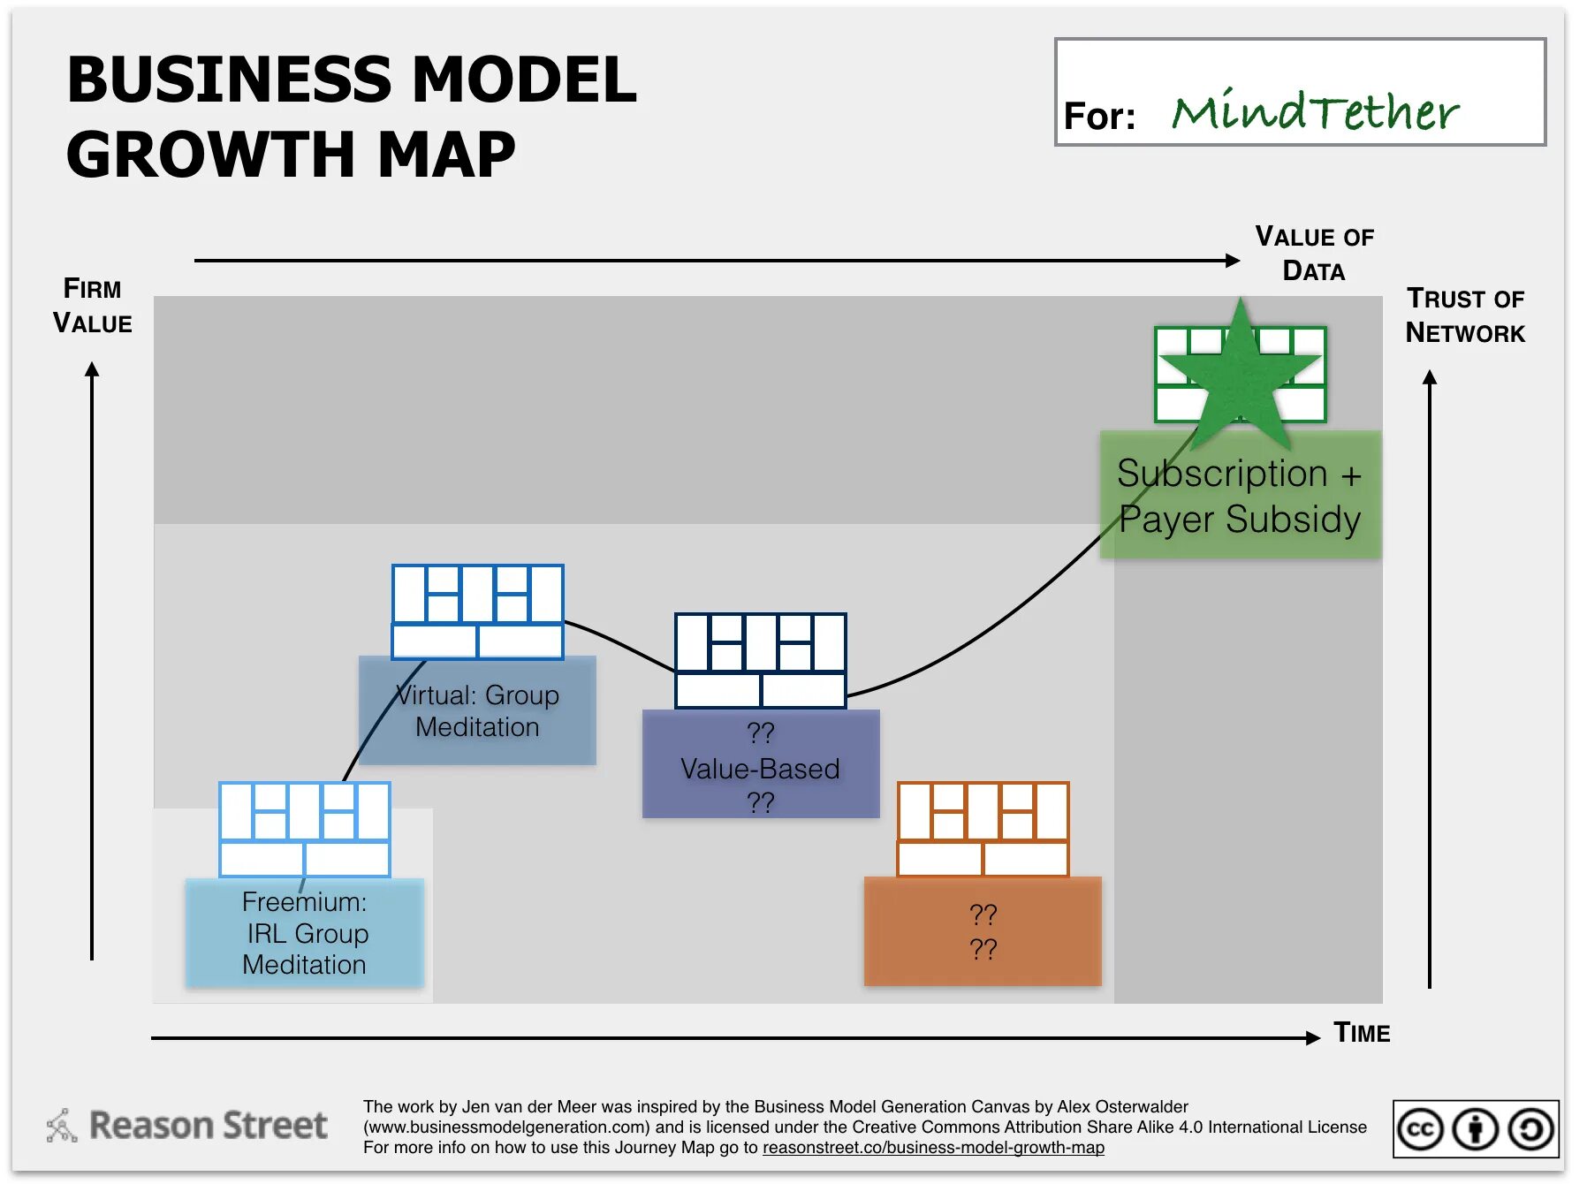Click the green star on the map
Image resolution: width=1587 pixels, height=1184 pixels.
click(x=1241, y=376)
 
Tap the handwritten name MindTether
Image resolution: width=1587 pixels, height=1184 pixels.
click(x=1315, y=112)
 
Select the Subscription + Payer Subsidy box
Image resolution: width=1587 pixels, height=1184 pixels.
click(x=1240, y=496)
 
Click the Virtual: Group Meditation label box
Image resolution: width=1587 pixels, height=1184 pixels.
click(x=477, y=711)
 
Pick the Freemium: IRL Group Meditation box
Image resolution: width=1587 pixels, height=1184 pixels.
click(x=305, y=933)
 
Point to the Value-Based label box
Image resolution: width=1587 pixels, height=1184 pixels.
click(x=760, y=765)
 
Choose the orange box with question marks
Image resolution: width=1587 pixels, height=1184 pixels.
click(x=983, y=931)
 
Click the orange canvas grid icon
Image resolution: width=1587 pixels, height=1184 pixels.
click(x=983, y=829)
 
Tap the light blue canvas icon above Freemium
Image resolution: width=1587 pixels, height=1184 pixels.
click(x=305, y=829)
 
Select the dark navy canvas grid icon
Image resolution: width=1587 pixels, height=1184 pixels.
click(x=760, y=660)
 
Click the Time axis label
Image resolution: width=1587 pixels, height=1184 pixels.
click(x=1362, y=1033)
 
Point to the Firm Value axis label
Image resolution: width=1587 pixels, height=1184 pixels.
click(x=92, y=306)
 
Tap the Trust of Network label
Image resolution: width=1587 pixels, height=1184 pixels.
click(x=1465, y=315)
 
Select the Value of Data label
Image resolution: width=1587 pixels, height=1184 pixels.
click(x=1314, y=254)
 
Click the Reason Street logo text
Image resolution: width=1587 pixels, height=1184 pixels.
click(x=209, y=1126)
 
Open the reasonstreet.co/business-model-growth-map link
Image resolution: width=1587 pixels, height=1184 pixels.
click(x=933, y=1148)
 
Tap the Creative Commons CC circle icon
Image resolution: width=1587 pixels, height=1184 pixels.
click(x=1421, y=1129)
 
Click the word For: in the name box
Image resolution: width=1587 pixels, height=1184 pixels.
click(x=1099, y=116)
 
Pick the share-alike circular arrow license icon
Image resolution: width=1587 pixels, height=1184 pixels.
click(x=1531, y=1129)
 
